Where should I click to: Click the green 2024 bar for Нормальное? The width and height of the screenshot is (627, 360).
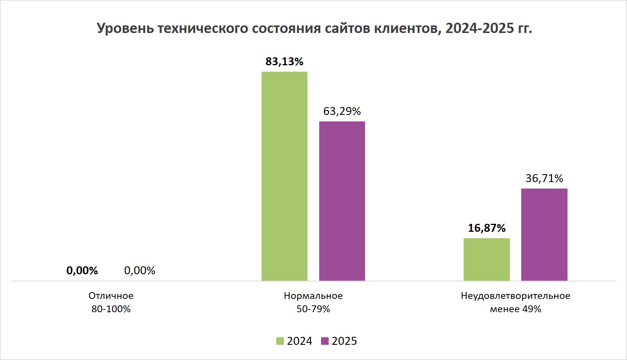click(284, 176)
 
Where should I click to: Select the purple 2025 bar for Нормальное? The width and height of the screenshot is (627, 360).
click(342, 201)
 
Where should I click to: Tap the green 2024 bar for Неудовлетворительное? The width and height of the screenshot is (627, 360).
click(486, 259)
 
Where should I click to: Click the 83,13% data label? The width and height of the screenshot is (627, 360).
click(284, 61)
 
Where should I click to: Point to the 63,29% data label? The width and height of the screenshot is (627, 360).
click(342, 111)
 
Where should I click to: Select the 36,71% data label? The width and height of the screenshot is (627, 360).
click(544, 178)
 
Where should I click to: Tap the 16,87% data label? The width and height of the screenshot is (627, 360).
click(486, 228)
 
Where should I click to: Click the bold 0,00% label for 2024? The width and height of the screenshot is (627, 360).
click(82, 270)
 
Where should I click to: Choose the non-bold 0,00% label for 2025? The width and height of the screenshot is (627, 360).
click(140, 270)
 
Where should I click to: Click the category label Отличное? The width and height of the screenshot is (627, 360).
click(111, 296)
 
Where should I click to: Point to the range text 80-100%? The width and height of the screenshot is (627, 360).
click(111, 309)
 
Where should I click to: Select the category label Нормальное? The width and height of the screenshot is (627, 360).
click(313, 296)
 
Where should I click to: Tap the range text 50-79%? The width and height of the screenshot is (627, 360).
click(313, 309)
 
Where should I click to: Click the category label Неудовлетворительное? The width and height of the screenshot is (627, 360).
click(515, 296)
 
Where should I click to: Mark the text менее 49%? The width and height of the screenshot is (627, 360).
click(515, 309)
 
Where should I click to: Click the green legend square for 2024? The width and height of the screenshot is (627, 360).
click(280, 341)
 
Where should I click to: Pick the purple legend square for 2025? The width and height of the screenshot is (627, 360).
click(324, 341)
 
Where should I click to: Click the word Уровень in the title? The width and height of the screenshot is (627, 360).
click(125, 29)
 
